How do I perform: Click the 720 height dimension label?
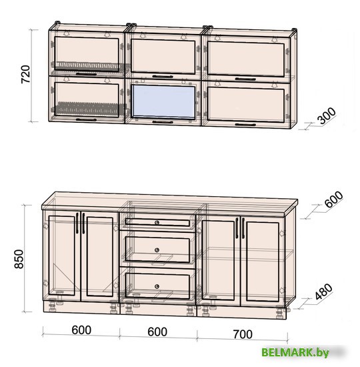(x=25, y=74)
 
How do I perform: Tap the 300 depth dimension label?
(x=327, y=115)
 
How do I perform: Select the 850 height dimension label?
(x=19, y=259)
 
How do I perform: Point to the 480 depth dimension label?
(x=323, y=292)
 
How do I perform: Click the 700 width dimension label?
(x=243, y=334)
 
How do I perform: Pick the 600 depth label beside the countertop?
(x=333, y=200)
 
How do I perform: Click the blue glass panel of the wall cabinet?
(x=163, y=101)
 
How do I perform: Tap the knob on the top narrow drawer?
(x=157, y=222)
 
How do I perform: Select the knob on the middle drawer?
(x=157, y=250)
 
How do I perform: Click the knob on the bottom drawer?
(x=157, y=286)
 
